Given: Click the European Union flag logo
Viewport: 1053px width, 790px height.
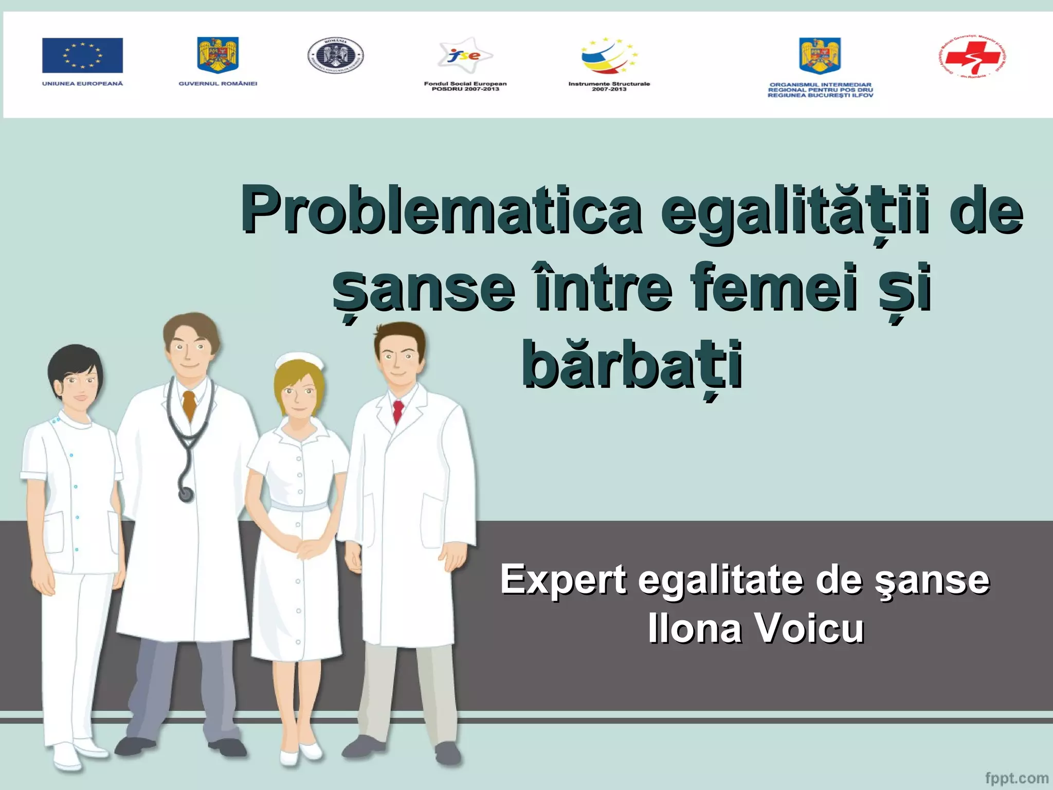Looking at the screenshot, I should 82,55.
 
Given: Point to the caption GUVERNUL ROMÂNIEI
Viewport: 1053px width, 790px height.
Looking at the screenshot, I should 217,84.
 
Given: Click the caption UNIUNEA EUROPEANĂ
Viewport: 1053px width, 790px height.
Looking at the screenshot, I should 82,84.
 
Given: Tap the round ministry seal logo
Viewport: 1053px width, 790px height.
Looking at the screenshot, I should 335,56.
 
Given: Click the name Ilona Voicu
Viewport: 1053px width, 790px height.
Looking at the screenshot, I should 756,629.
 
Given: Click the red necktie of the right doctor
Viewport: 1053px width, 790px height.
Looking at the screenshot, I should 397,412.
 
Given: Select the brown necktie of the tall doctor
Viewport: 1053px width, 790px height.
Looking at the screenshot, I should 190,404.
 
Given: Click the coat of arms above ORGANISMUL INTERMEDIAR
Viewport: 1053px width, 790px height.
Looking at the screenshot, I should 820,56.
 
